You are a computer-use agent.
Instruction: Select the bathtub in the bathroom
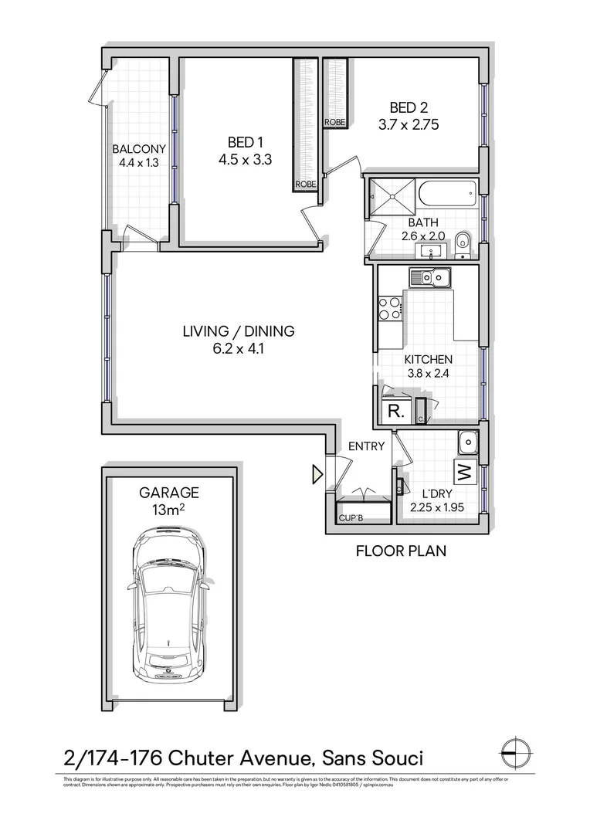[x=449, y=194]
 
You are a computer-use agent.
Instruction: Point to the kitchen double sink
[x=430, y=276]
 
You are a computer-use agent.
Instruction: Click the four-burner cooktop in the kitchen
[x=390, y=308]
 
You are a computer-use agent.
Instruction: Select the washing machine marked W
[x=463, y=470]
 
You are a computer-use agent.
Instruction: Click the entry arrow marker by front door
[x=317, y=474]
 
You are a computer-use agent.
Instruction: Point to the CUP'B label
[x=352, y=518]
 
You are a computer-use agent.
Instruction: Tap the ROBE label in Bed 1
[x=303, y=185]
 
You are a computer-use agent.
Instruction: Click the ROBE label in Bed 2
[x=334, y=123]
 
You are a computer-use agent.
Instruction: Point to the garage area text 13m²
[x=168, y=508]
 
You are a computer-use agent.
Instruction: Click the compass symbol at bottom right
[x=515, y=750]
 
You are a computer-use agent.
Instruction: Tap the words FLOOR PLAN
[x=400, y=551]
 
